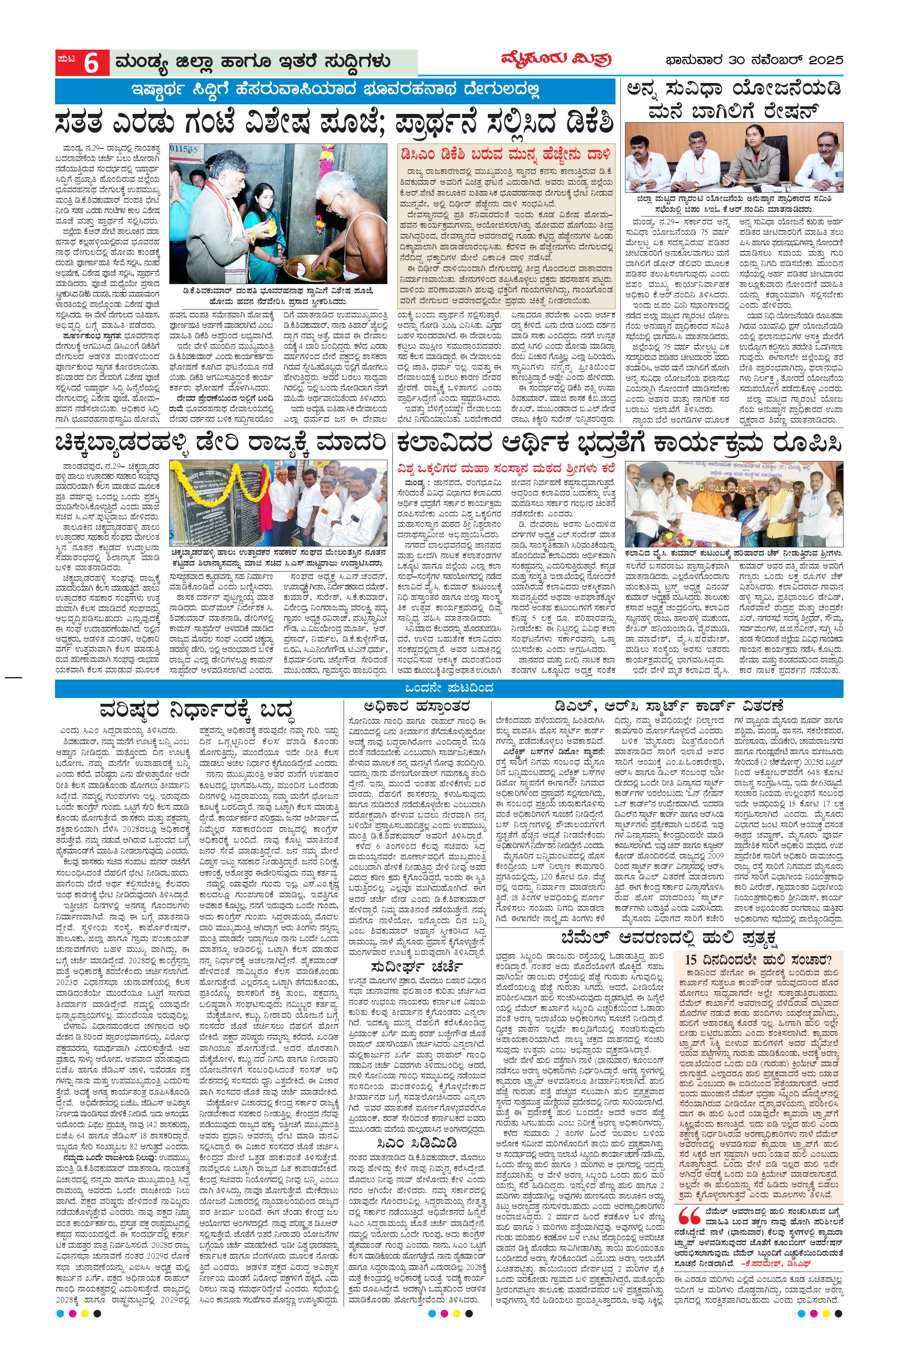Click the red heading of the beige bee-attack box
pyautogui.click(x=506, y=154)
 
